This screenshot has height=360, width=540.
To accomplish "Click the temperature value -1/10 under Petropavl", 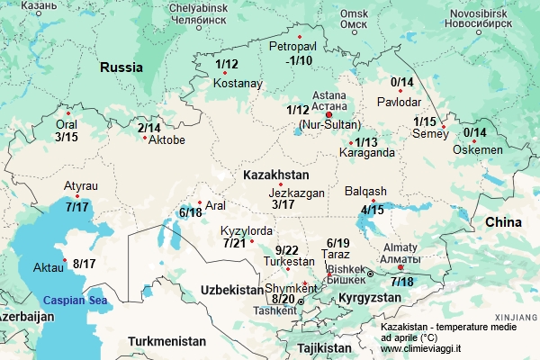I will [x=295, y=60].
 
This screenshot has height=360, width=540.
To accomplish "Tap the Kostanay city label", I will [x=238, y=84].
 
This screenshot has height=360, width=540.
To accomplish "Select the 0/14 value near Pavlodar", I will [x=401, y=83].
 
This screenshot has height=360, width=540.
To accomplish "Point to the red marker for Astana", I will [x=328, y=115].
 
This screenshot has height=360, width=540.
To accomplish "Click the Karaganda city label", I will [x=354, y=153].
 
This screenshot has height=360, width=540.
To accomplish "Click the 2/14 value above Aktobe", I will [x=149, y=129].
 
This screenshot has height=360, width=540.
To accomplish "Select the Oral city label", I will [x=67, y=125].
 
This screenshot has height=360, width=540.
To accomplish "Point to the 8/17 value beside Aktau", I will [x=85, y=264].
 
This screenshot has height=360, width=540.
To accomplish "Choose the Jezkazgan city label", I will [x=296, y=193].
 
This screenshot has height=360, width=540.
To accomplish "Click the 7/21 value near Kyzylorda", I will [x=234, y=243].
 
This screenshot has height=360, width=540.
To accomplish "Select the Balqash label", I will [x=365, y=191].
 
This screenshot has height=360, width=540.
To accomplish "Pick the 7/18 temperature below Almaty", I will [x=402, y=282].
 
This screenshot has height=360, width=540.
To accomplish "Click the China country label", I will [x=503, y=221].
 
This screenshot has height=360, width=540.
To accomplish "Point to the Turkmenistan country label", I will [x=166, y=341].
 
